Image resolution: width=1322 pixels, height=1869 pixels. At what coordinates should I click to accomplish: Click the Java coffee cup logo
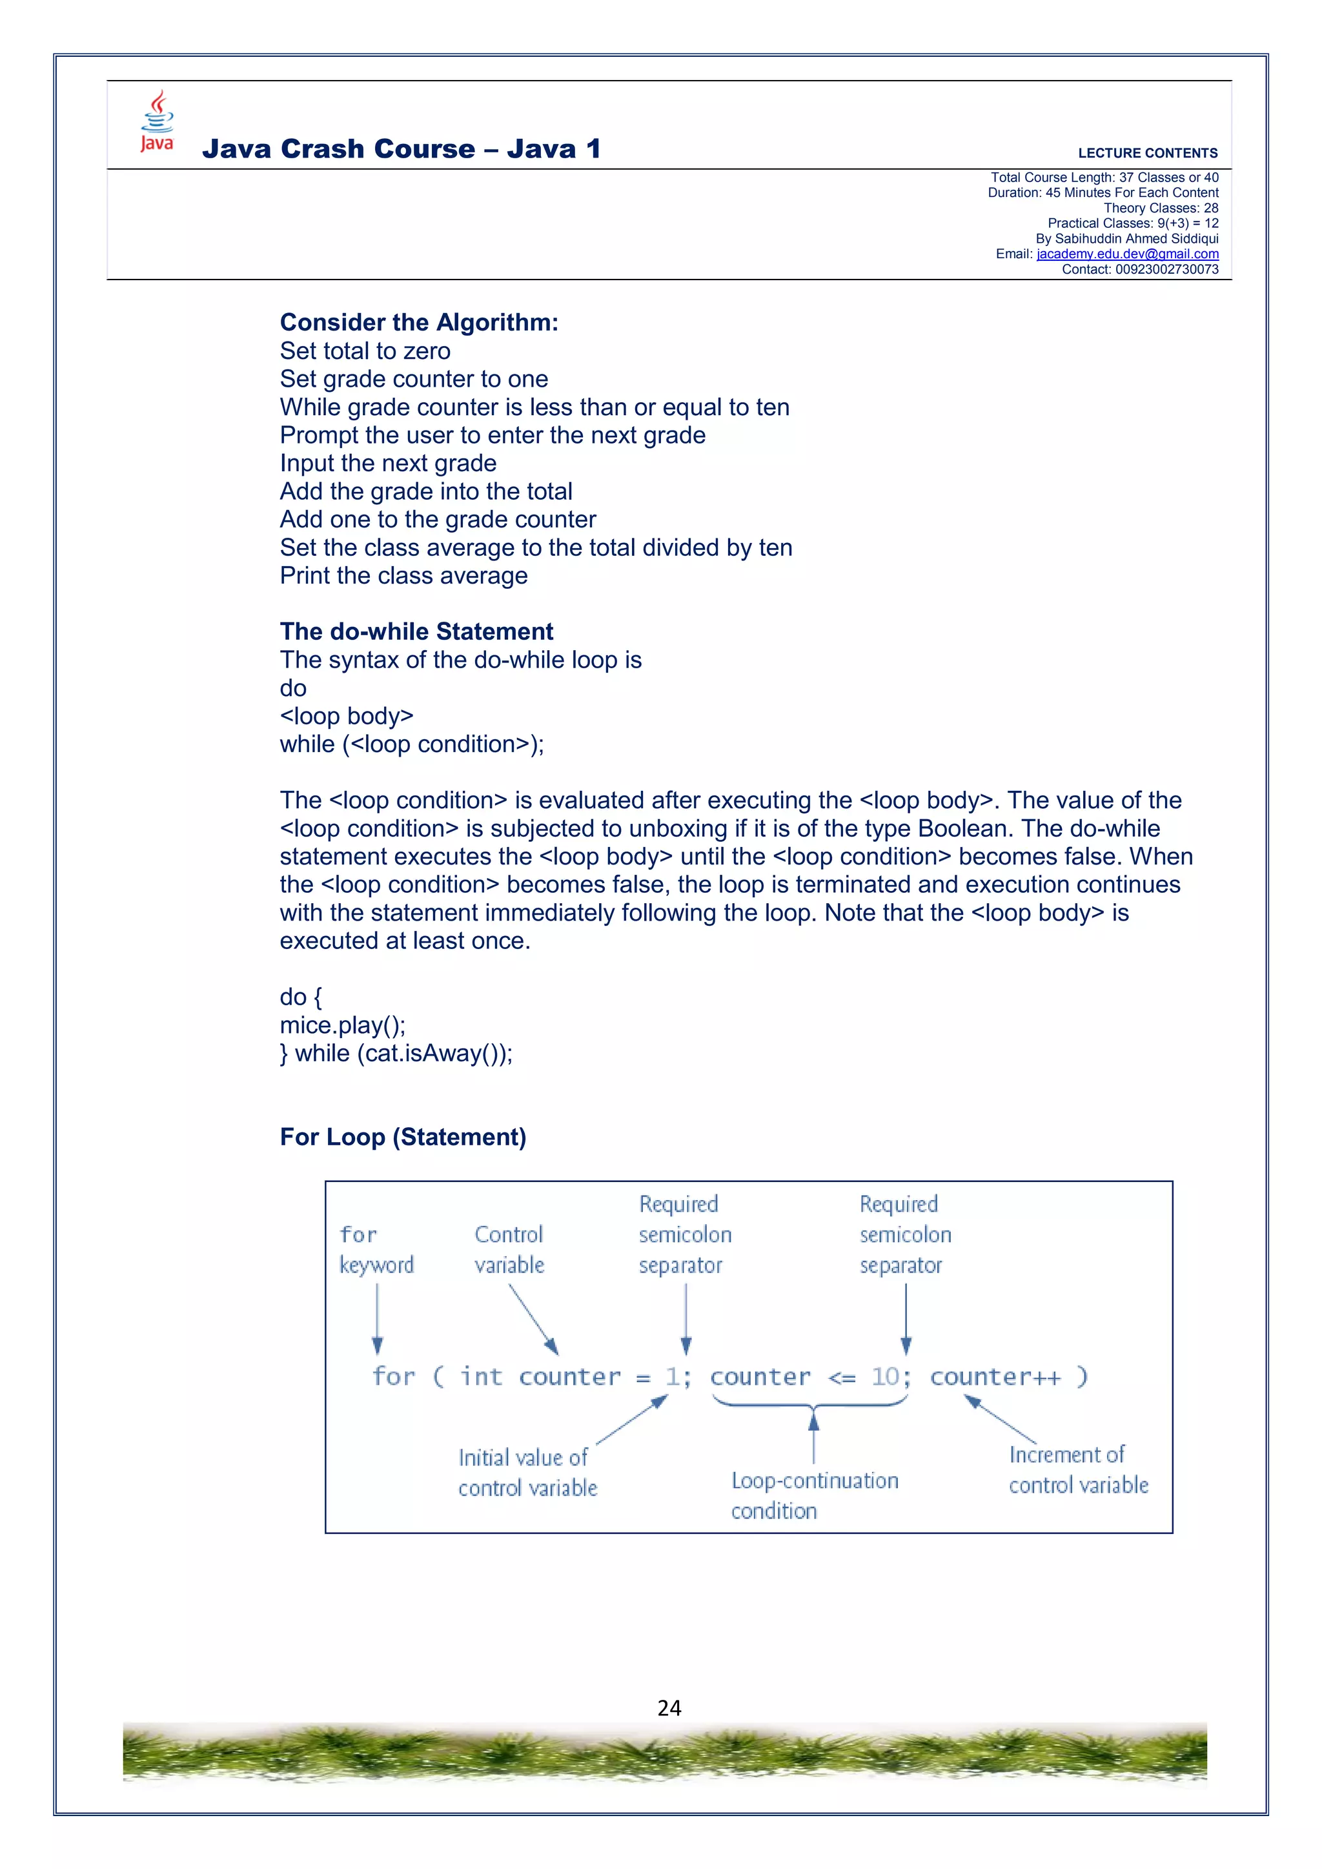[x=157, y=121]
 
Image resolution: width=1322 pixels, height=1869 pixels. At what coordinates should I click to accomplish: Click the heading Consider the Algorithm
[x=418, y=322]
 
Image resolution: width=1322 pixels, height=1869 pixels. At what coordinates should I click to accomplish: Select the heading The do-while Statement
[x=416, y=631]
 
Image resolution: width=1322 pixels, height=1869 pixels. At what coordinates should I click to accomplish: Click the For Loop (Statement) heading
[x=403, y=1136]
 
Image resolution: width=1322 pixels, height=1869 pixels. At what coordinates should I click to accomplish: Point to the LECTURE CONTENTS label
[x=1147, y=153]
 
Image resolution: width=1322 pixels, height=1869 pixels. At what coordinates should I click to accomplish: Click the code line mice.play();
[x=342, y=1025]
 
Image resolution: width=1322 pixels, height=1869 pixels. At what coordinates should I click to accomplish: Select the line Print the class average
[x=403, y=575]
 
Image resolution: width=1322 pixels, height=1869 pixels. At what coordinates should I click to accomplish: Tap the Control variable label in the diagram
[x=509, y=1249]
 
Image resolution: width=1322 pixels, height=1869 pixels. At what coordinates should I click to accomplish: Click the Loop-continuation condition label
[x=813, y=1495]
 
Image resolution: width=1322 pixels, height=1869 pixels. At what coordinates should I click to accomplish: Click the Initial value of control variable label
[x=527, y=1472]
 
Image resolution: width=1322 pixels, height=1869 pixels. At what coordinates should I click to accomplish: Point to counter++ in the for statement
[x=995, y=1376]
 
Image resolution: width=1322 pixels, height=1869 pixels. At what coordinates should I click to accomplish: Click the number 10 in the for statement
[x=885, y=1376]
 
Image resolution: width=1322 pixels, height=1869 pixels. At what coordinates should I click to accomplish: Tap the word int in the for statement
[x=481, y=1376]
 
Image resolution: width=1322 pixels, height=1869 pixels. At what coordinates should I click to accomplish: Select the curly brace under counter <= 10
[x=811, y=1404]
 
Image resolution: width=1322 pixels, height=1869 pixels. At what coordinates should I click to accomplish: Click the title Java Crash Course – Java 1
[x=402, y=149]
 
